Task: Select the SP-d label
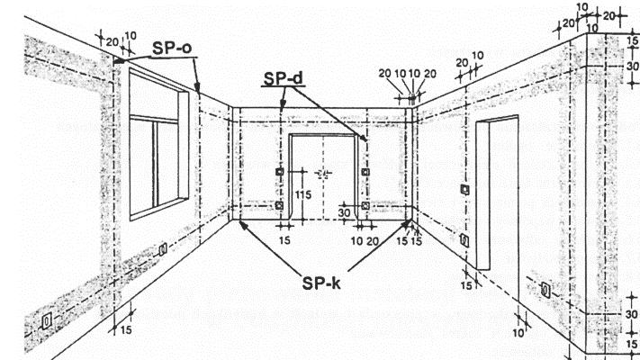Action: point(283,79)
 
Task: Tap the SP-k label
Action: point(322,280)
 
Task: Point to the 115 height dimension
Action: point(303,193)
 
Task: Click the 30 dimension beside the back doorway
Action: point(343,213)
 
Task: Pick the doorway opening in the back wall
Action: point(323,175)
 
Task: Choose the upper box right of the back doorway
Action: point(364,171)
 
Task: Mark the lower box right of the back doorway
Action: point(364,206)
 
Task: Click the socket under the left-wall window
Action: point(163,249)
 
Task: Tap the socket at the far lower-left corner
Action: point(48,320)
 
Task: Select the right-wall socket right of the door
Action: point(545,290)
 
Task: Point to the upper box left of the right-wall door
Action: point(464,189)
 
